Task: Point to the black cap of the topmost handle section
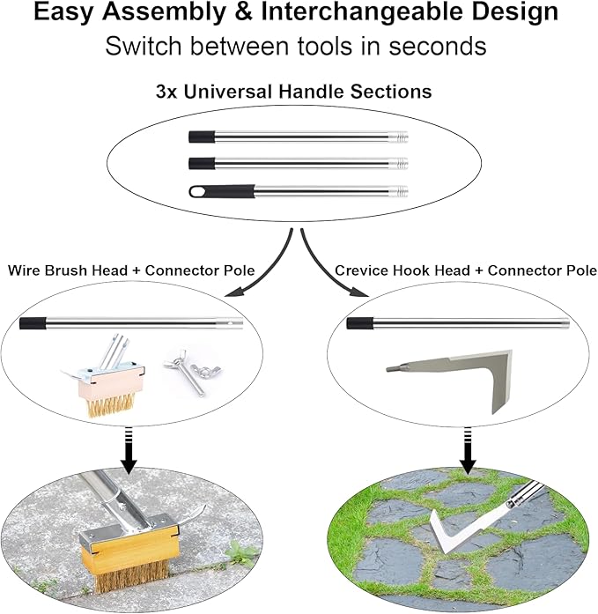coord(202,137)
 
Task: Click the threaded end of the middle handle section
coord(399,164)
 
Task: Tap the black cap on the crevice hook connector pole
coord(358,323)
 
